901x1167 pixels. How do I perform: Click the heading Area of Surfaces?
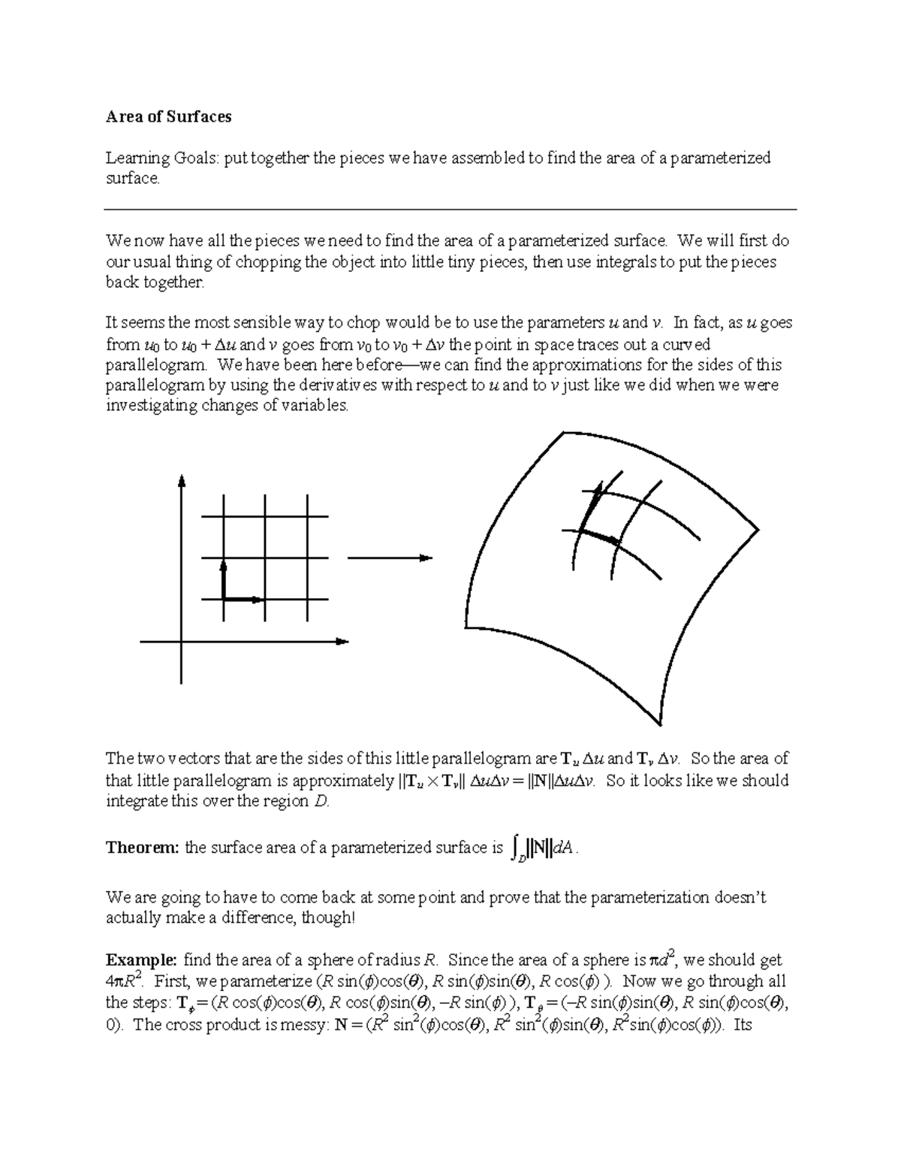coord(168,116)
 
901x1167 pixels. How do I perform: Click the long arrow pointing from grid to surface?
coord(390,558)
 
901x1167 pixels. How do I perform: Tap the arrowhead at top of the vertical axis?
coord(182,481)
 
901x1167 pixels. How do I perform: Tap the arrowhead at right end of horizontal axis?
coord(343,641)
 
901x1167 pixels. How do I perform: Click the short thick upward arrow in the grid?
coord(224,579)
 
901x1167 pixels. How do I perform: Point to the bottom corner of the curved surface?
coord(660,724)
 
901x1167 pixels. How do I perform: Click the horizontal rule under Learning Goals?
coord(450,210)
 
